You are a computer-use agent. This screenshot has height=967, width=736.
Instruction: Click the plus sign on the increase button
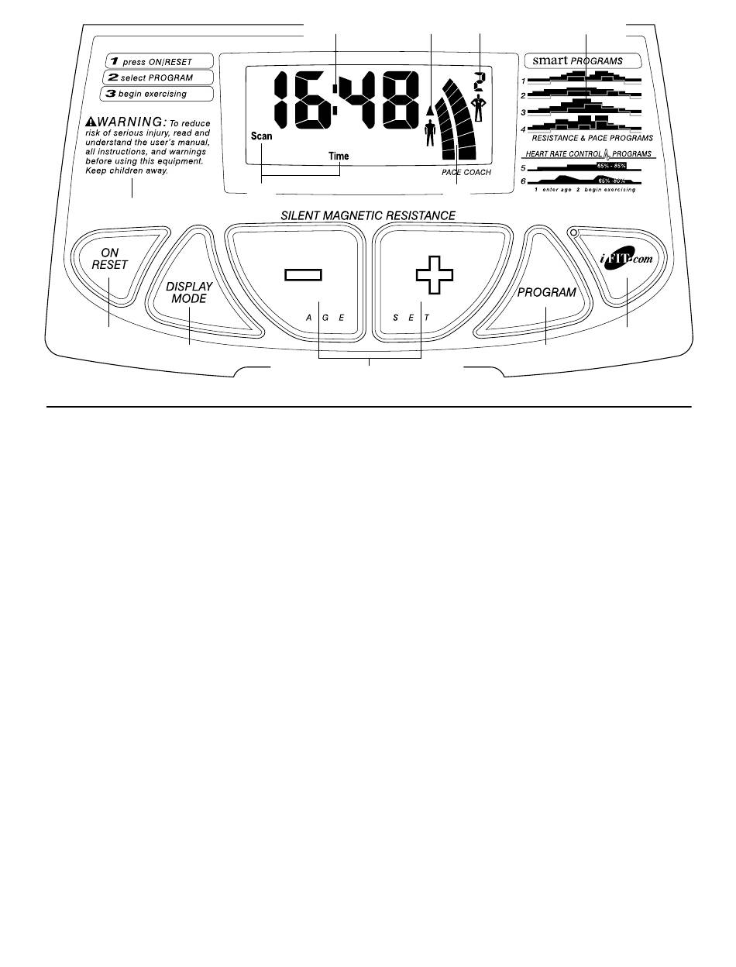[435, 274]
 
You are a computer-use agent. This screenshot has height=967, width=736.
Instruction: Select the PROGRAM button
[547, 293]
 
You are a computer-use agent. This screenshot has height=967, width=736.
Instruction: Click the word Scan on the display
[261, 136]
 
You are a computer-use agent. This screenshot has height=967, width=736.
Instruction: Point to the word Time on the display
[339, 156]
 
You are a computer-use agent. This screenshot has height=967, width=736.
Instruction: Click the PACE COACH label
[461, 172]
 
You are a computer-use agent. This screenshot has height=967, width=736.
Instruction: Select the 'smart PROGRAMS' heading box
[583, 60]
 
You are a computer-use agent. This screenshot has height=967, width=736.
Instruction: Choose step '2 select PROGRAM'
[150, 77]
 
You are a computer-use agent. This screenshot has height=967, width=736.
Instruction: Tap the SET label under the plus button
[410, 318]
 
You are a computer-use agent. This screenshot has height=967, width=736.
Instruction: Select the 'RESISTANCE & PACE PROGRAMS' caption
[592, 137]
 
